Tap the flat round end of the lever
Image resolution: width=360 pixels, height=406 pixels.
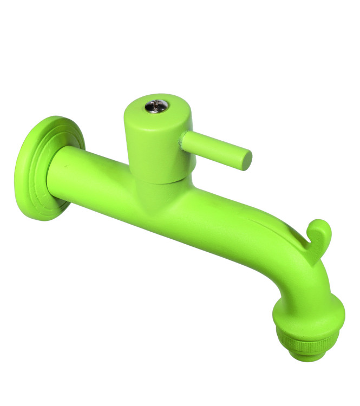(x=245, y=159)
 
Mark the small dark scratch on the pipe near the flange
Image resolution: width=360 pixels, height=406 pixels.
(x=64, y=163)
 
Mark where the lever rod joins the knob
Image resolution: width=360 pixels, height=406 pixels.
(x=184, y=139)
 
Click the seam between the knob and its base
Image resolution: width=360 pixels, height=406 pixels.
(x=154, y=181)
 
